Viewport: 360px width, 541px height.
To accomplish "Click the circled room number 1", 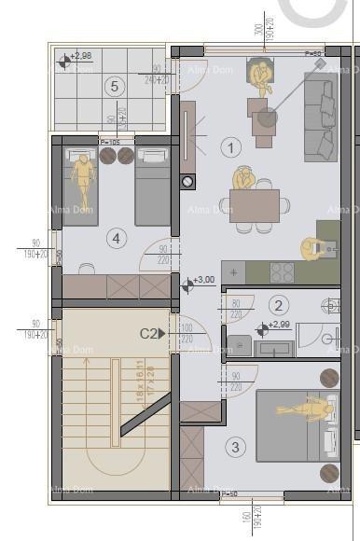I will coord(231,146).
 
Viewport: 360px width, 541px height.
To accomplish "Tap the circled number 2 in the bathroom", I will coord(278,305).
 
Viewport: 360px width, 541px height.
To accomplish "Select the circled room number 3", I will coord(235,448).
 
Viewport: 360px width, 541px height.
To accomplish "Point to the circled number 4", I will coord(116,239).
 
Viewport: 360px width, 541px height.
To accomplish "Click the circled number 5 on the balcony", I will coord(115,87).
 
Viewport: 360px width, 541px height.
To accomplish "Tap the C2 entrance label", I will coord(148,333).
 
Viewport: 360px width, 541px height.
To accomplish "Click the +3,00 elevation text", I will coord(203,280).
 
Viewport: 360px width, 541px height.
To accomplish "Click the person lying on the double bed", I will coord(308,408).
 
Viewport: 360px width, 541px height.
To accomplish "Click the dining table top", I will coord(255,205).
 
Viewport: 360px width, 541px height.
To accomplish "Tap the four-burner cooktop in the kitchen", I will coord(282,271).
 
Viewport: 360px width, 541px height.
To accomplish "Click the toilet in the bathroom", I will coord(332,305).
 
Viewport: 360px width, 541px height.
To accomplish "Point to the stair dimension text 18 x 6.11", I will coord(115,381).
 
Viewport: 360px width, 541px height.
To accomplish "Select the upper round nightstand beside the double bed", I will coord(329,378).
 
